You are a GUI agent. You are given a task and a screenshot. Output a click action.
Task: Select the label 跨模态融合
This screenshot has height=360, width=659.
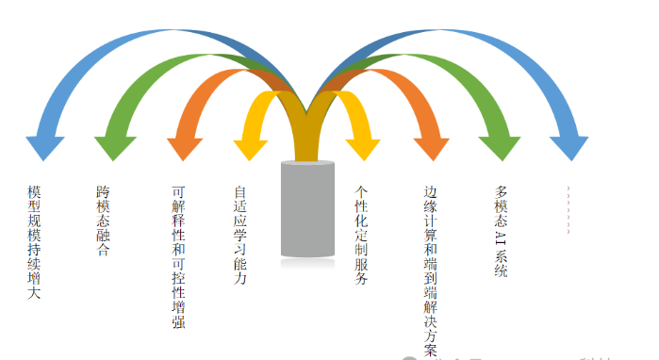coord(103,221)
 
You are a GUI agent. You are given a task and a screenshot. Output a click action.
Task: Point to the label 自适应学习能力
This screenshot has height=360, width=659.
coord(239,236)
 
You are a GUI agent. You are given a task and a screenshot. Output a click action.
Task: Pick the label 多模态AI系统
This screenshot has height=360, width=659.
coord(501,230)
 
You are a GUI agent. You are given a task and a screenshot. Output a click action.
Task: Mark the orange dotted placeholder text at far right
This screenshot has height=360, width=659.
coord(568,209)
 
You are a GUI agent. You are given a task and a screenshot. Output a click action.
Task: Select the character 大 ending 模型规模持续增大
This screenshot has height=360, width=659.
coord(34,294)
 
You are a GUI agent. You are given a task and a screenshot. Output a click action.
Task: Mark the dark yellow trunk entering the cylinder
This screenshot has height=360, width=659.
coord(307,141)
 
